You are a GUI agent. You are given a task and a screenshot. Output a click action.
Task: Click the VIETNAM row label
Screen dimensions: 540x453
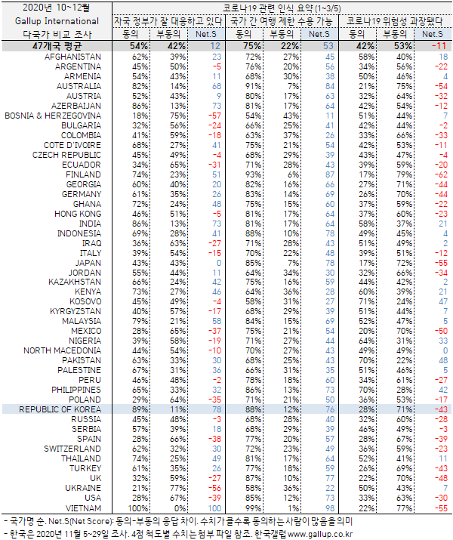pyautogui.click(x=84, y=508)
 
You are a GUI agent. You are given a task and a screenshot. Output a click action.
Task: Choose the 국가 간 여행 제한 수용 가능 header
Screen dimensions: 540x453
pyautogui.click(x=281, y=21)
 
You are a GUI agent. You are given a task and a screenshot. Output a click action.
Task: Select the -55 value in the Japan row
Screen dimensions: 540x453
pyautogui.click(x=439, y=261)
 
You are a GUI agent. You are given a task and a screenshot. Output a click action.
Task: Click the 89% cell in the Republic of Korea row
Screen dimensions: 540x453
pyautogui.click(x=139, y=409)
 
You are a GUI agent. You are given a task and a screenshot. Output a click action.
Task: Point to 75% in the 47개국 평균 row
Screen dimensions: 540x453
pyautogui.click(x=254, y=46)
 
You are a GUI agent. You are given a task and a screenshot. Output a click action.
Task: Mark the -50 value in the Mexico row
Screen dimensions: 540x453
pyautogui.click(x=439, y=330)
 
